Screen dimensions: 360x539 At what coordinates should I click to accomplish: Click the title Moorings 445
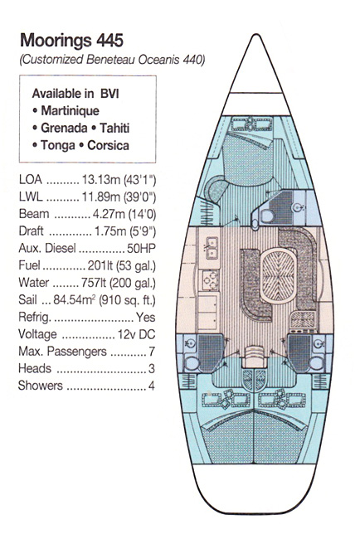[71, 41]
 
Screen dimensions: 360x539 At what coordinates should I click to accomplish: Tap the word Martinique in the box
[71, 110]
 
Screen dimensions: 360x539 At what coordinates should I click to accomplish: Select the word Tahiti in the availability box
[114, 128]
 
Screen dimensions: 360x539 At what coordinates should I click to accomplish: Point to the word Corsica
[109, 145]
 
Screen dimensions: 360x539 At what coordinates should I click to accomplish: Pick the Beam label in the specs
[34, 214]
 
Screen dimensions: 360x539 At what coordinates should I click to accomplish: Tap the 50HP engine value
[141, 248]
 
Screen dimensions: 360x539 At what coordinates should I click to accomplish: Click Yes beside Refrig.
[145, 317]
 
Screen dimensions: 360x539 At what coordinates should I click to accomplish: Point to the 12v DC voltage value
[137, 334]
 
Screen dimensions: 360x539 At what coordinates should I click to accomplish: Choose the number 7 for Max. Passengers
[152, 352]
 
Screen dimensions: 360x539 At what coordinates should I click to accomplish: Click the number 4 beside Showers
[151, 386]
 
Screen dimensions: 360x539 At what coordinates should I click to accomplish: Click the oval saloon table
[278, 277]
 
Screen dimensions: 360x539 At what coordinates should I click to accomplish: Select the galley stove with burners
[209, 279]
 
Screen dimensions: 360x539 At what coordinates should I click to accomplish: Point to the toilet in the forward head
[267, 216]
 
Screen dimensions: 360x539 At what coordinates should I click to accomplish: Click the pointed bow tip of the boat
[256, 35]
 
